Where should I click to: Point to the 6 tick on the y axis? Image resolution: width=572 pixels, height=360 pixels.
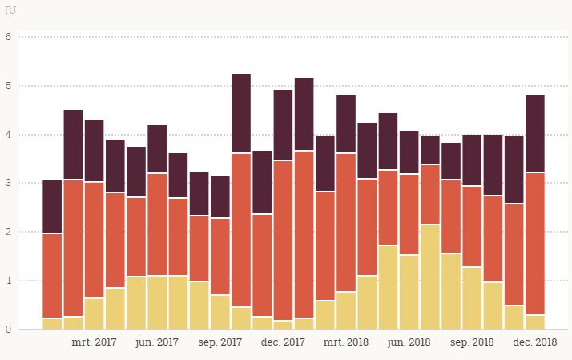point(8,37)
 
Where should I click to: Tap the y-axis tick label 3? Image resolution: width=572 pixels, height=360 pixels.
point(8,184)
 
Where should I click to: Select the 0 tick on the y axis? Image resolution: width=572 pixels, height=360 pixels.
point(8,330)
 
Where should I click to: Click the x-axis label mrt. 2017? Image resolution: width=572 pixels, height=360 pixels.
point(95,342)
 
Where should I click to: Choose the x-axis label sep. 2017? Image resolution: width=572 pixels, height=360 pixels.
point(220,342)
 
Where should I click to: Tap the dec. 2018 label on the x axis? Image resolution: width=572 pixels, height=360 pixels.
point(535,342)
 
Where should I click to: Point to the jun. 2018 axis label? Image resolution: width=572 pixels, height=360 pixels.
point(409,342)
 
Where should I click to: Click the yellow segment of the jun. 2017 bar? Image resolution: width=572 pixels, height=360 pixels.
point(157,302)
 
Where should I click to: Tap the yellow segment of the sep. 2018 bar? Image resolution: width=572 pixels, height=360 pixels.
point(472,297)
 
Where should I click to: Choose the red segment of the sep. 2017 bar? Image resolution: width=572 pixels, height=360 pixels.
point(220,257)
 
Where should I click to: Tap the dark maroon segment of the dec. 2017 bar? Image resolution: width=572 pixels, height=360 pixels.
point(283,125)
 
